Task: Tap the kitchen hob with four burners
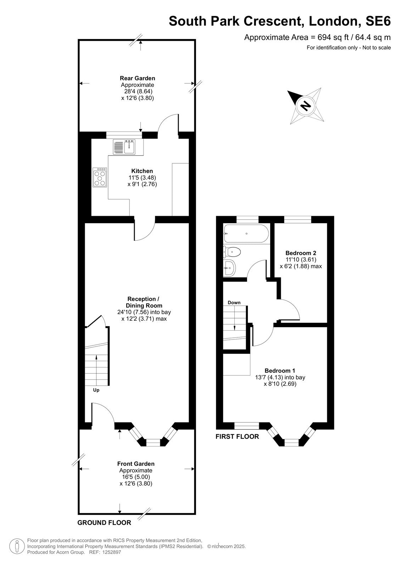click(x=100, y=177)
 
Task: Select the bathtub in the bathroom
click(x=246, y=234)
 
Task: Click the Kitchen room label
click(x=142, y=171)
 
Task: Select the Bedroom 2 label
click(x=301, y=253)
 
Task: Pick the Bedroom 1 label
click(x=280, y=371)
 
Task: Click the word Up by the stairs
click(x=96, y=390)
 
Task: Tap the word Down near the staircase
click(x=234, y=303)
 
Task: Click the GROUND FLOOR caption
click(x=104, y=522)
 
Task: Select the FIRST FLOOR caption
click(x=237, y=436)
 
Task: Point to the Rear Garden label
click(x=138, y=78)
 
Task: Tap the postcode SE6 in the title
click(x=378, y=21)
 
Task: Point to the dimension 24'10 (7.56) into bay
click(x=144, y=312)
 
